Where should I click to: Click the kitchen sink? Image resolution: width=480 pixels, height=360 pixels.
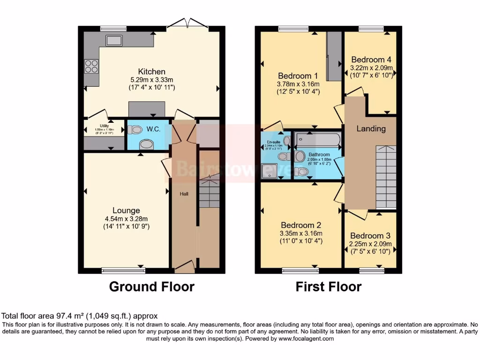coord(114,40)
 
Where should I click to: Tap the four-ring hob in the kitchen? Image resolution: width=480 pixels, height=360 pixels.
coord(91,67)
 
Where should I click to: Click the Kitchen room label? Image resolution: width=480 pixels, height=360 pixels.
coord(151,72)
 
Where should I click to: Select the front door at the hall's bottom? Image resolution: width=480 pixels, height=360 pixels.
coord(184,267)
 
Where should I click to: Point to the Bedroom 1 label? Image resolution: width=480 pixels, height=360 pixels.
coord(298,76)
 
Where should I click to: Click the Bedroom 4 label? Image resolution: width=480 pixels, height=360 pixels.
coord(371,60)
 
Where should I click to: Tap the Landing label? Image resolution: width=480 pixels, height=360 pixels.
coord(371,128)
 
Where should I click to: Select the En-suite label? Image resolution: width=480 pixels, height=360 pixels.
coord(273,141)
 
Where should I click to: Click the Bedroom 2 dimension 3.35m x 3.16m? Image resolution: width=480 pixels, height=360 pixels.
coord(301,233)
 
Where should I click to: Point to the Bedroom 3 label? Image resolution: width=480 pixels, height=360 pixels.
coord(370,236)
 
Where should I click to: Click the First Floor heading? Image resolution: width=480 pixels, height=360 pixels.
coord(328,286)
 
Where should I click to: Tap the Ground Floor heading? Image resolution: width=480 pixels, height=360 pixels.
coord(151,286)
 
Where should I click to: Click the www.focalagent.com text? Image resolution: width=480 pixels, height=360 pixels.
coord(306,338)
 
